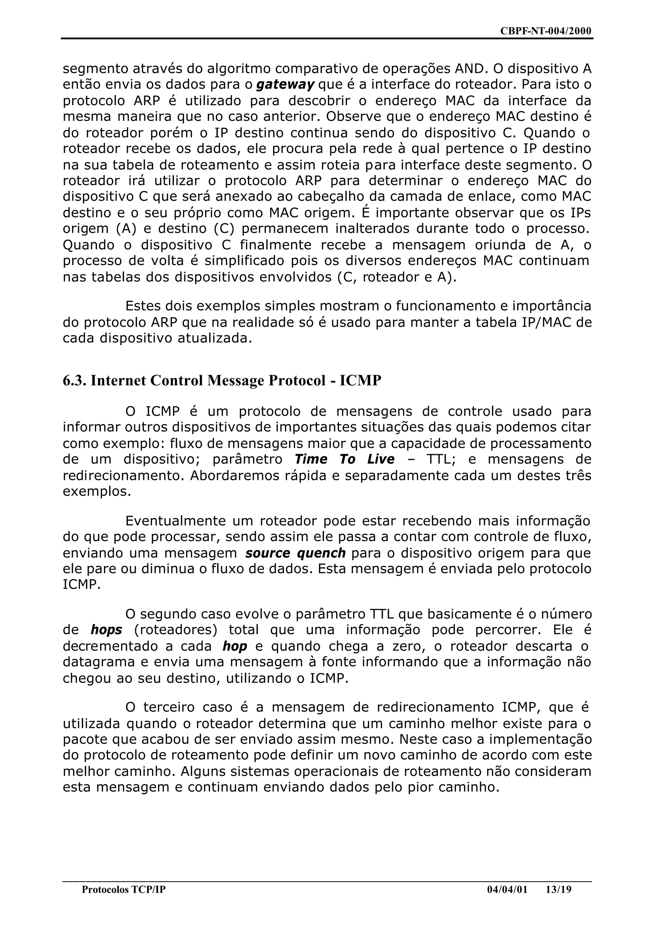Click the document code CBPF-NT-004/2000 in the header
tap(545, 31)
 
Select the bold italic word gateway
tap(285, 85)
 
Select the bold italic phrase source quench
tap(295, 553)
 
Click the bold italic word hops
tap(107, 630)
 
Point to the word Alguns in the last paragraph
tap(203, 772)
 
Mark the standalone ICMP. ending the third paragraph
tap(82, 585)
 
